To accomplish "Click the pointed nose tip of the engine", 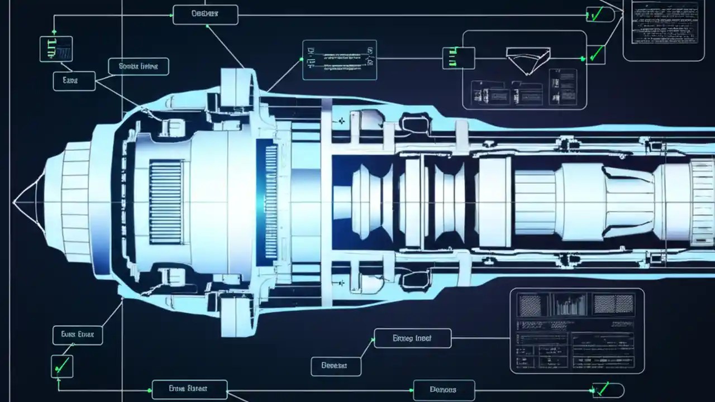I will coord(16,201).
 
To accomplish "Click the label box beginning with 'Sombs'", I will coord(139,66).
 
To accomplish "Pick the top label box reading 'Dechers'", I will coord(205,15).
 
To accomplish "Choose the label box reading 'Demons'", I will coord(444,390).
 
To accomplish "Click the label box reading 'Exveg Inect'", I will coord(413,338).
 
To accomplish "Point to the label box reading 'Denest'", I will coord(336,366).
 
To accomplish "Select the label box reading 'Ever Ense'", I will coord(78,335).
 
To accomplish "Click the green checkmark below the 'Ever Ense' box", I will coord(61,366).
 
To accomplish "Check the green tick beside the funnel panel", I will coord(596,55).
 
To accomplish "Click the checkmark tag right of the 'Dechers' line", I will coord(597,15).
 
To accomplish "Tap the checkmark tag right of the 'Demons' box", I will coord(606,390).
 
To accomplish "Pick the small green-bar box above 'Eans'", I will coord(56,49).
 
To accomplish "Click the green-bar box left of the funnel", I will coord(458,58).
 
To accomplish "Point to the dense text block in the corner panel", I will coord(664,23).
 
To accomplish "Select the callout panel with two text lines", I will coord(339,60).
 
